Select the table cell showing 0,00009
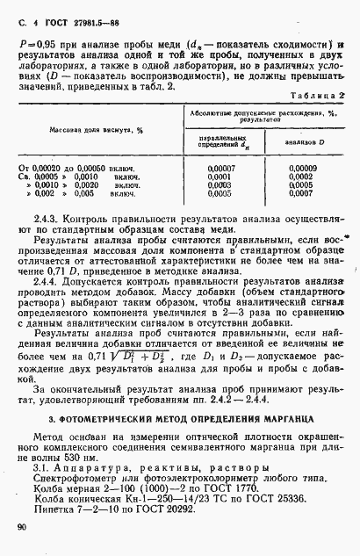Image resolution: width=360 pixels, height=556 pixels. pyautogui.click(x=302, y=167)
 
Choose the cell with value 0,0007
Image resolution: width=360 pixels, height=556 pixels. pyautogui.click(x=303, y=192)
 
